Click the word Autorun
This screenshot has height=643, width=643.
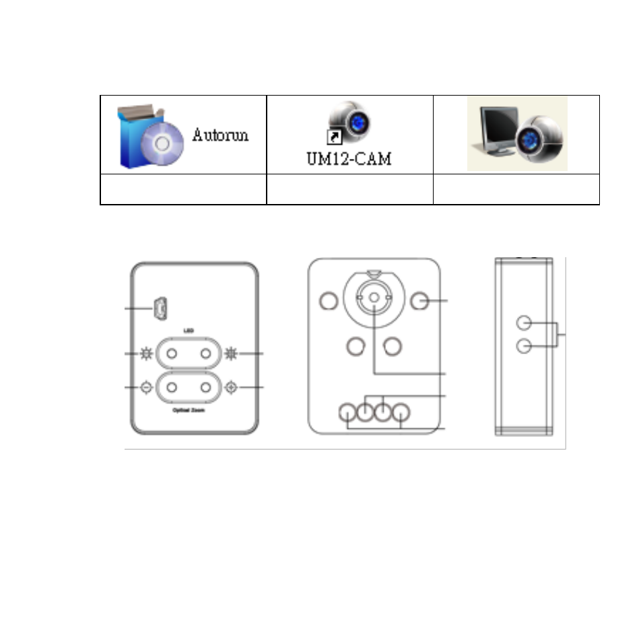[x=220, y=135]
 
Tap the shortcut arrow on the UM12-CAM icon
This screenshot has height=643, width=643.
[x=333, y=137]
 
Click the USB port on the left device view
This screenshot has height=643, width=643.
[x=160, y=309]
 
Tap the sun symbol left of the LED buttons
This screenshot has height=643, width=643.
[x=146, y=353]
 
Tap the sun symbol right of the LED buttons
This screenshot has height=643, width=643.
[x=232, y=353]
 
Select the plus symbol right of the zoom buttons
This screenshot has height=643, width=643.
[x=232, y=388]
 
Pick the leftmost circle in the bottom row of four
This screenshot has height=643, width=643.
[x=347, y=412]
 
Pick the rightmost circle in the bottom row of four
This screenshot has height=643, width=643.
[x=402, y=412]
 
